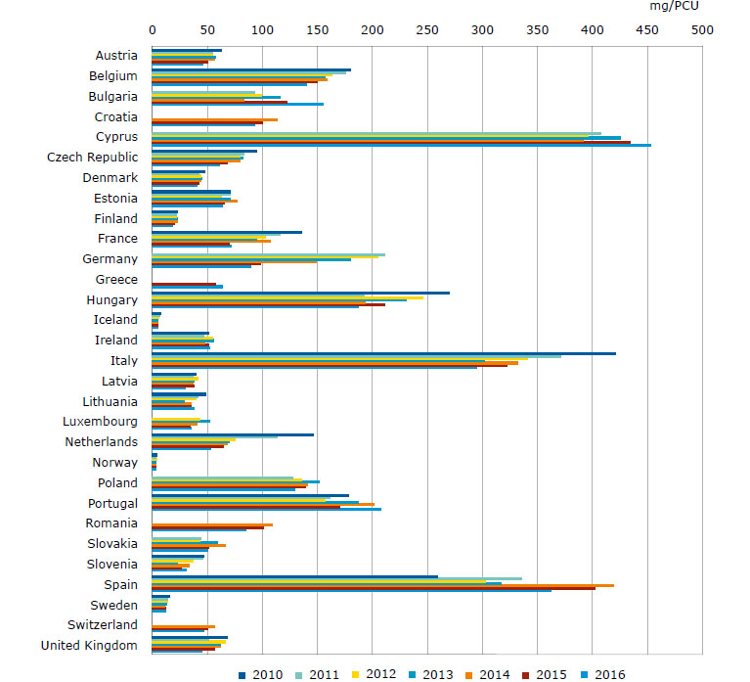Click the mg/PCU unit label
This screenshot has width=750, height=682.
tap(674, 6)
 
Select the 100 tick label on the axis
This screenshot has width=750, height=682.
tap(261, 30)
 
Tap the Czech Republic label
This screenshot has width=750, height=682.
tap(92, 158)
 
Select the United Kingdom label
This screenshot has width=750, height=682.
tap(89, 645)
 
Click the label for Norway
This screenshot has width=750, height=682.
tap(114, 463)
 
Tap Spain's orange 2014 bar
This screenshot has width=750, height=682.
tap(382, 585)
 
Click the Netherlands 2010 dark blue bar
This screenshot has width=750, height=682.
tap(233, 434)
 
